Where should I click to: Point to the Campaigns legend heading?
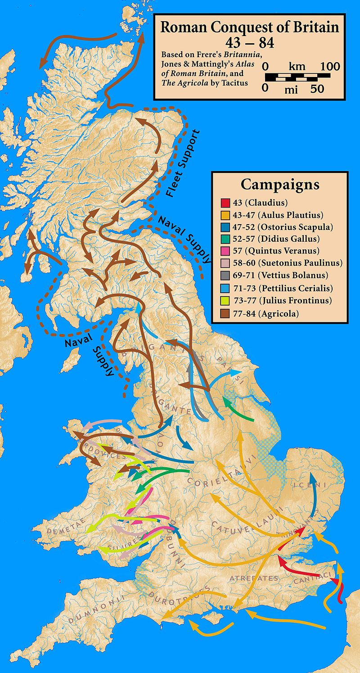279,185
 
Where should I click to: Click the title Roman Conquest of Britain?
250,28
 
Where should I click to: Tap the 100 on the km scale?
330,66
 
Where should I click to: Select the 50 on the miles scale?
317,89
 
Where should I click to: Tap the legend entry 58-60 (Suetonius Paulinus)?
279,263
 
